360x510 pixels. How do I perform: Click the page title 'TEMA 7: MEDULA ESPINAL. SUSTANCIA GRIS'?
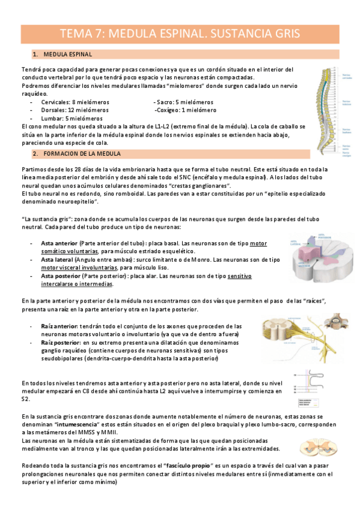tap(180, 34)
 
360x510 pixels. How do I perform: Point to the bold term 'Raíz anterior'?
tap(59, 325)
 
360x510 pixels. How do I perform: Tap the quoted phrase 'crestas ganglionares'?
tap(192, 187)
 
